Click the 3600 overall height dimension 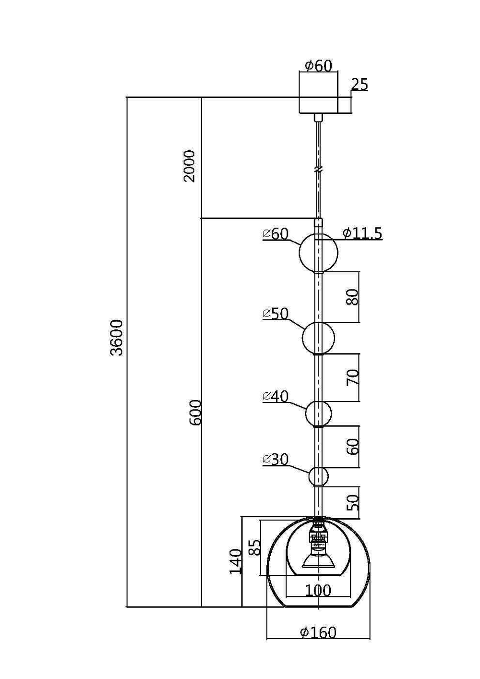(117, 337)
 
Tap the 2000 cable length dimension (190, 166)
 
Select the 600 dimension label (195, 412)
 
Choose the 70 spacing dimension (352, 377)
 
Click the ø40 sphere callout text (276, 397)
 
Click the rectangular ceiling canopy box (318, 93)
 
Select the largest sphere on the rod (318, 253)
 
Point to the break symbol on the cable (318, 170)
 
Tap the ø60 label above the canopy (319, 65)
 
